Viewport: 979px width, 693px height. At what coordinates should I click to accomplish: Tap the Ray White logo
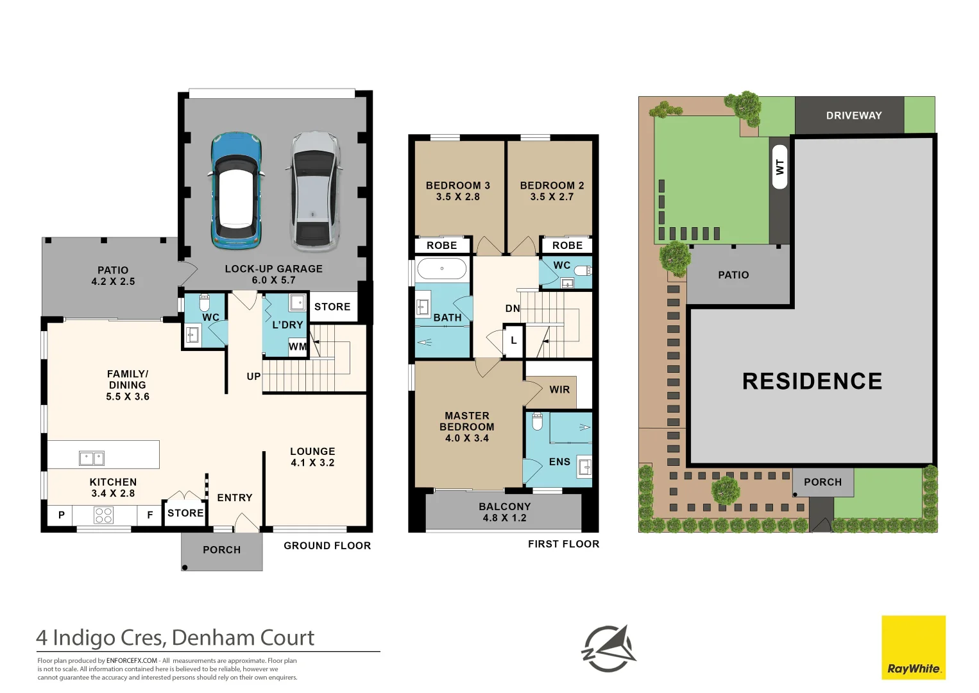coord(913,647)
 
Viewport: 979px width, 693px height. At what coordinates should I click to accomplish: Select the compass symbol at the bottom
coord(608,649)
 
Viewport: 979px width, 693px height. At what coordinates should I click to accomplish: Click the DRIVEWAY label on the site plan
coord(853,116)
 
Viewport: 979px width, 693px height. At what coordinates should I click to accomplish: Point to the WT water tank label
coord(779,167)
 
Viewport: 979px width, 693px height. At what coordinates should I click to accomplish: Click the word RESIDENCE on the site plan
coord(812,381)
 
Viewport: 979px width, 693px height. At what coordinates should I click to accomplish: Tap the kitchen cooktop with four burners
coord(104,515)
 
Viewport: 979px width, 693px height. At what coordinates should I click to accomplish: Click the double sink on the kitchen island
coord(92,458)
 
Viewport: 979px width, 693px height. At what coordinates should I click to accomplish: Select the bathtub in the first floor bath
coord(442,268)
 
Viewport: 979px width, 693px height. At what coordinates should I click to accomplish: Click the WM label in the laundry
coord(297,347)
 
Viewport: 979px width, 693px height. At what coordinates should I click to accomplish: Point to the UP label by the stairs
coord(253,377)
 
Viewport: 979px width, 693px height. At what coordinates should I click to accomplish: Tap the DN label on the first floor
coord(512,309)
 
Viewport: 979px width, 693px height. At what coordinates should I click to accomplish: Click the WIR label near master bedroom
coord(559,389)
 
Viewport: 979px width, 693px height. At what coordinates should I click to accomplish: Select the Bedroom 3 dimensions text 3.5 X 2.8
coord(457,197)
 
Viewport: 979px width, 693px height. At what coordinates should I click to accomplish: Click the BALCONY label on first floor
coord(504,506)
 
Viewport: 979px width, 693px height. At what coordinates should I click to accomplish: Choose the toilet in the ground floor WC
coord(205,302)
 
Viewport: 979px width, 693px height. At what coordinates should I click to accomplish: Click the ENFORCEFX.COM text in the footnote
coord(132,660)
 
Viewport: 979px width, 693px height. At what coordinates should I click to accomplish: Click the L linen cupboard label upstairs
coord(513,340)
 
